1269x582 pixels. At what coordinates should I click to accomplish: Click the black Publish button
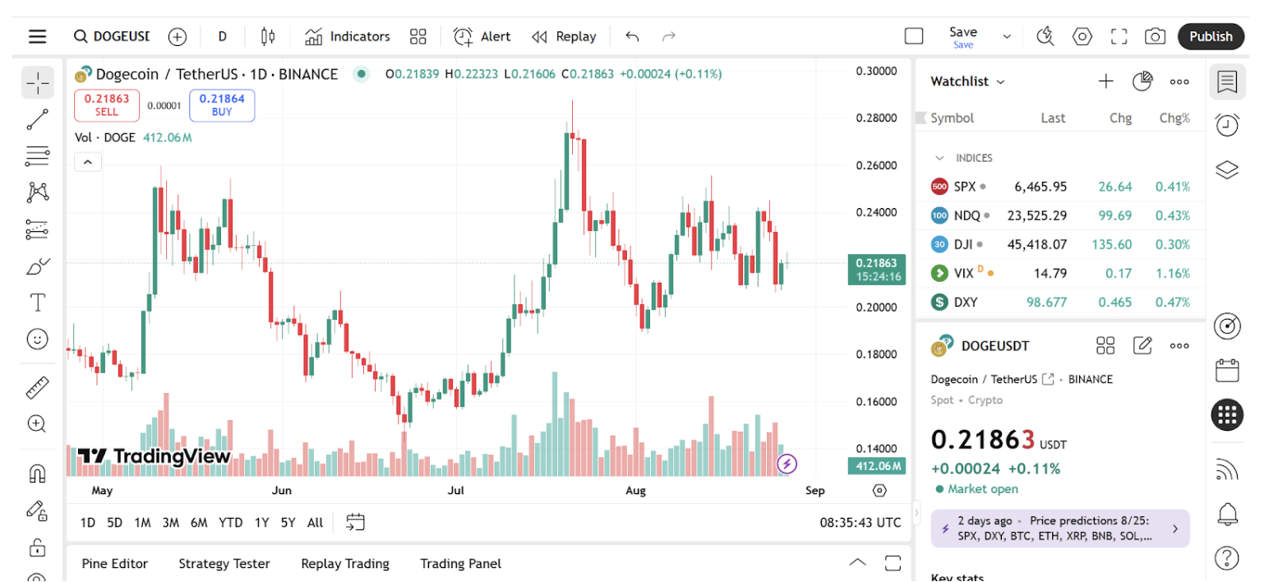click(1211, 36)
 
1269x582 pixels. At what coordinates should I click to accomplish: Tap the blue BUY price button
click(222, 105)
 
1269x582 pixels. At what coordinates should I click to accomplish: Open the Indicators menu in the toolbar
click(347, 36)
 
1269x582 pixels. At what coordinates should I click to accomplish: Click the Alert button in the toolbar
click(482, 36)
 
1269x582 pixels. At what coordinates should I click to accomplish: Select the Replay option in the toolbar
click(564, 36)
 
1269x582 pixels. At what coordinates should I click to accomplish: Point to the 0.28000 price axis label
click(875, 118)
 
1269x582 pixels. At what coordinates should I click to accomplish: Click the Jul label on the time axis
click(456, 491)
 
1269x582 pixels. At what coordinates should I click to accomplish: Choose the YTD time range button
click(230, 522)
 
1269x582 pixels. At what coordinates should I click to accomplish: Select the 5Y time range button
click(288, 522)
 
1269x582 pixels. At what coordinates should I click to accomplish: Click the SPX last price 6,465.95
click(1041, 187)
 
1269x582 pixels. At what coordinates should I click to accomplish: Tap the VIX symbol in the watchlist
click(963, 273)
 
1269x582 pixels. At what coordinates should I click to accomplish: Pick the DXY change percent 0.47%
click(1172, 302)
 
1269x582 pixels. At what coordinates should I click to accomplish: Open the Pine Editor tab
click(115, 564)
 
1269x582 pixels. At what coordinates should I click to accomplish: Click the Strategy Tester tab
click(224, 564)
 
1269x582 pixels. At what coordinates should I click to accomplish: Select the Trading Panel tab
click(460, 564)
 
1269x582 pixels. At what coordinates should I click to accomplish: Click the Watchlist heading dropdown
click(967, 81)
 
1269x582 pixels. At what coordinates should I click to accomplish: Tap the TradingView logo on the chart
click(154, 456)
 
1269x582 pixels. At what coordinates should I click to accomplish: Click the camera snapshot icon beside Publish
click(1155, 36)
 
